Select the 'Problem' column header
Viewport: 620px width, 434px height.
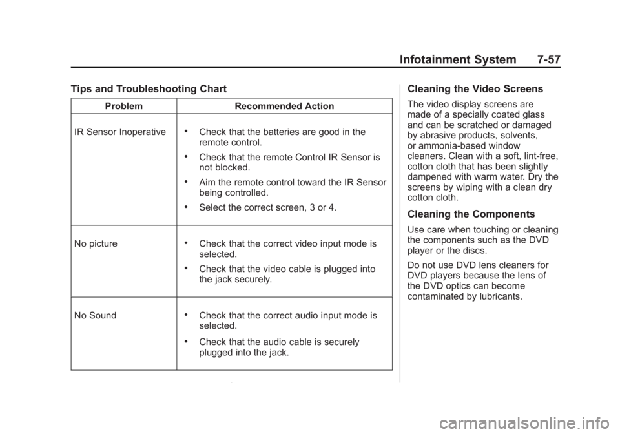123,106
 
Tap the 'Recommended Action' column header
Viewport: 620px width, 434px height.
284,106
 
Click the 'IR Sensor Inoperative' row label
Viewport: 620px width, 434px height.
120,132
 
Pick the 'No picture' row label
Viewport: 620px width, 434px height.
96,244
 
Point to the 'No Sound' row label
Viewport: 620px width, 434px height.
96,316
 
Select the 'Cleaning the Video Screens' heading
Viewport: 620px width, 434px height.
475,90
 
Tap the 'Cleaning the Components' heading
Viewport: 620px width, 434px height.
471,214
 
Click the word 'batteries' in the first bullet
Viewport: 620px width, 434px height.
293,132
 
